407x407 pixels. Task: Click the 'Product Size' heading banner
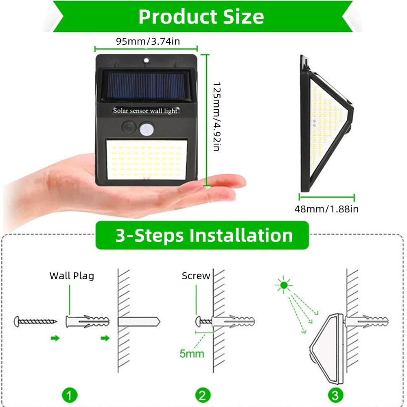pyautogui.click(x=201, y=17)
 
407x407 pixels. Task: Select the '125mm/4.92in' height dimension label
pyautogui.click(x=217, y=117)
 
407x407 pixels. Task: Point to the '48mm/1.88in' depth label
pyautogui.click(x=326, y=209)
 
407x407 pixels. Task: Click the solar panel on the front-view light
pyautogui.click(x=145, y=85)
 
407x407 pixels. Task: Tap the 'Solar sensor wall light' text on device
pyautogui.click(x=145, y=110)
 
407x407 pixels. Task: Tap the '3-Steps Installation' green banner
pyautogui.click(x=202, y=235)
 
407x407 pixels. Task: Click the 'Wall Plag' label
pyautogui.click(x=72, y=276)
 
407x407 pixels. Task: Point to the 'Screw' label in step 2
pyautogui.click(x=196, y=276)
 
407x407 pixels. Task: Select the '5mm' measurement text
pyautogui.click(x=192, y=353)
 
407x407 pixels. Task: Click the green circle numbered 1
pyautogui.click(x=70, y=395)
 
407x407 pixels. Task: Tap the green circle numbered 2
pyautogui.click(x=203, y=395)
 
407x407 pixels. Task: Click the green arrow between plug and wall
pyautogui.click(x=105, y=338)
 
